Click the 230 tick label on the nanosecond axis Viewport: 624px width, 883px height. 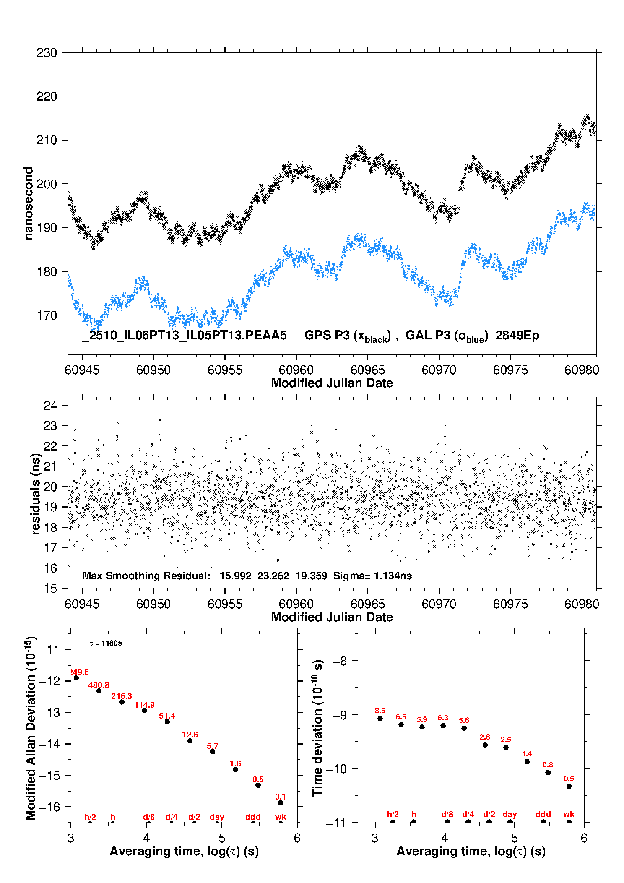tap(47, 53)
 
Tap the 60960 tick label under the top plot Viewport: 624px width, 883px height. tap(296, 370)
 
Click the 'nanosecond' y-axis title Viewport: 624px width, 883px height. tap(29, 203)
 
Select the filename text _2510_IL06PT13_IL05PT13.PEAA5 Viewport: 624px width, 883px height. tap(184, 335)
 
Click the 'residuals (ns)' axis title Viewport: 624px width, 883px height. tap(36, 494)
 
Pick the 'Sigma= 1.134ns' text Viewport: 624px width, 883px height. tap(372, 576)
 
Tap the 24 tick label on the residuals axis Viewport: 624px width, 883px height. tap(50, 405)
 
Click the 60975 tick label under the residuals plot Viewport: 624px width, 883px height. tap(510, 604)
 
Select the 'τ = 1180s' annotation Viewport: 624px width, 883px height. tap(106, 643)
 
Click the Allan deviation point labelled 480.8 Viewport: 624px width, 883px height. tap(99, 691)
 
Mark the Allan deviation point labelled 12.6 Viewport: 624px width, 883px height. tap(190, 741)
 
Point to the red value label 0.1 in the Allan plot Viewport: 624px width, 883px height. tap(281, 797)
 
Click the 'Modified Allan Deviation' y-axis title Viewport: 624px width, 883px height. tap(31, 728)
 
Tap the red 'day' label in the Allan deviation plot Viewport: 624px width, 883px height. tap(217, 817)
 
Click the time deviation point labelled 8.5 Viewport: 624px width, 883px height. tap(380, 719)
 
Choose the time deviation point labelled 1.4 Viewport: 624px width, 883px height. tap(527, 761)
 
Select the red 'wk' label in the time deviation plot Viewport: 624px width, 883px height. tap(569, 814)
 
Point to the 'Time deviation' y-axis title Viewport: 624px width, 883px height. tap(317, 728)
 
